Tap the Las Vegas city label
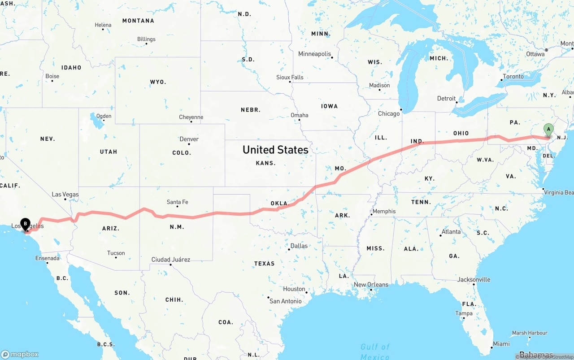click(65, 195)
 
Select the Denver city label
click(189, 139)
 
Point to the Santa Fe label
click(177, 202)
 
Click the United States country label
click(275, 150)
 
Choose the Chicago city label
click(388, 114)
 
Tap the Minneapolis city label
click(314, 54)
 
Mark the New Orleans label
click(371, 285)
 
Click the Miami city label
click(501, 344)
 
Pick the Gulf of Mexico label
click(375, 351)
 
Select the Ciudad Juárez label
click(170, 260)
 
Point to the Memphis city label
click(384, 212)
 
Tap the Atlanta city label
click(451, 232)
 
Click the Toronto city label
click(513, 77)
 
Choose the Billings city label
click(146, 39)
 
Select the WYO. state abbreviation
click(158, 82)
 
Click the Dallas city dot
click(289, 249)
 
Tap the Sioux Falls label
click(290, 78)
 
